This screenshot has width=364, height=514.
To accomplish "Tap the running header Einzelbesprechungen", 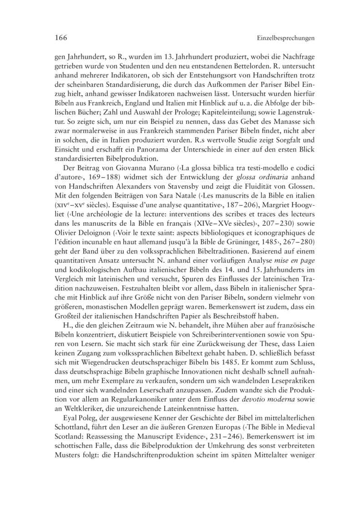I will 286,39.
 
